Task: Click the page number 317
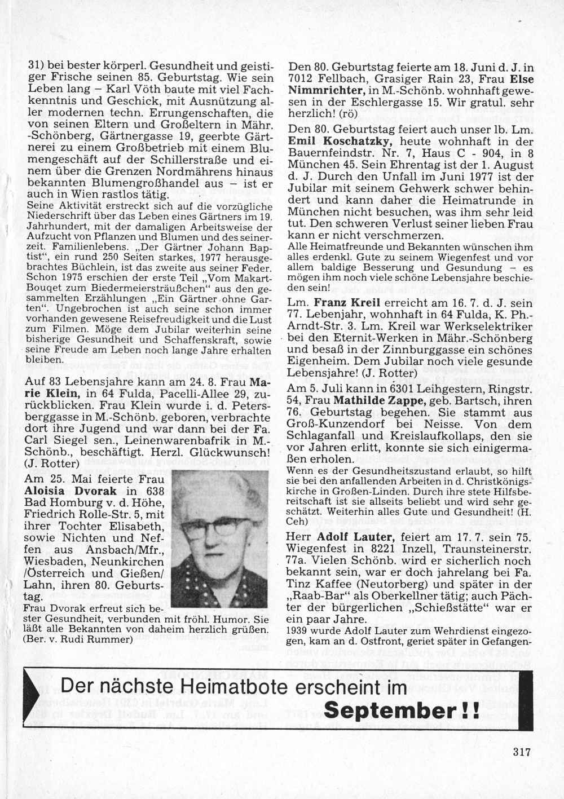tap(523, 751)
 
